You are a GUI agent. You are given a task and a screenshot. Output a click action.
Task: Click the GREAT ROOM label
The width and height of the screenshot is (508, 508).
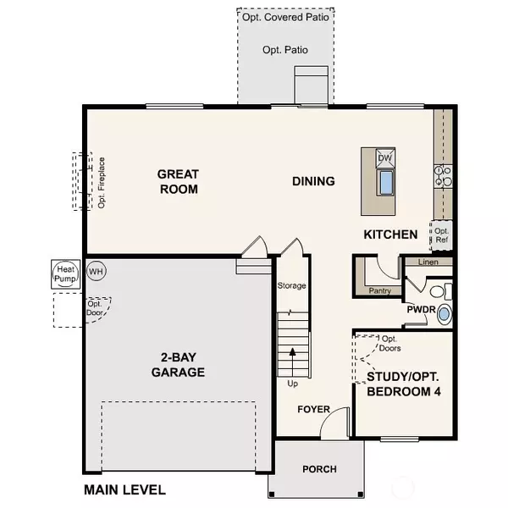point(178,181)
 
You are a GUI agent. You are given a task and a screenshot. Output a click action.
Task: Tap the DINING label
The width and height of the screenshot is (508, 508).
point(313,181)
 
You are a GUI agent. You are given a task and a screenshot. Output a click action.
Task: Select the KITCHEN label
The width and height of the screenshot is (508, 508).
point(390,235)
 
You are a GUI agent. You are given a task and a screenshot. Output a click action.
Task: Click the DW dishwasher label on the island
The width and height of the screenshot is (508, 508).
point(384,158)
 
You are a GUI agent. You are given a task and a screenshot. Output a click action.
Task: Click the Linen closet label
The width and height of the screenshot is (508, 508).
point(429,262)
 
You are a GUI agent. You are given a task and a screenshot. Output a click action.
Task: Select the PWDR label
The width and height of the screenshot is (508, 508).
point(420,311)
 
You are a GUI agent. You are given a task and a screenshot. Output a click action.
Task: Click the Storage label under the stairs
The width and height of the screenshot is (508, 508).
point(291,286)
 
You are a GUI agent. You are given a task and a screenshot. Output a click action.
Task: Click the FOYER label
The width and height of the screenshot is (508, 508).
point(313,410)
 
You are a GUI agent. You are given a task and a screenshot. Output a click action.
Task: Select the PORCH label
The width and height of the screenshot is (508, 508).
point(319,469)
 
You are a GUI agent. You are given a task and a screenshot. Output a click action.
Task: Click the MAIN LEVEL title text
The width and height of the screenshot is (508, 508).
point(124,489)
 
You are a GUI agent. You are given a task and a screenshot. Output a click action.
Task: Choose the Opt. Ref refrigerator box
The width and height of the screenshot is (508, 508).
point(441,235)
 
